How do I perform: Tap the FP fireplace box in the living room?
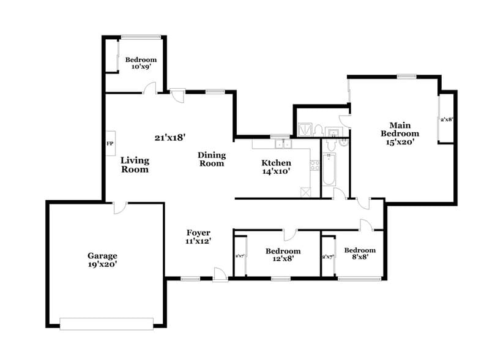(110, 144)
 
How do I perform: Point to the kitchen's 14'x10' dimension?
(275, 172)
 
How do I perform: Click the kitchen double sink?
(283, 144)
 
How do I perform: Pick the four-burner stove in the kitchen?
(314, 165)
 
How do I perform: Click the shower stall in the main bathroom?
(305, 129)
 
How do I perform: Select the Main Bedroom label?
(400, 129)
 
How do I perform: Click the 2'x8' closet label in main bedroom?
(447, 120)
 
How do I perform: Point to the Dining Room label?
(211, 159)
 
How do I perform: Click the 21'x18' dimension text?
(169, 138)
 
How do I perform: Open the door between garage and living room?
(119, 208)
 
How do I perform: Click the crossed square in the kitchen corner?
(306, 190)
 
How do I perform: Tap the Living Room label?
(135, 165)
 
